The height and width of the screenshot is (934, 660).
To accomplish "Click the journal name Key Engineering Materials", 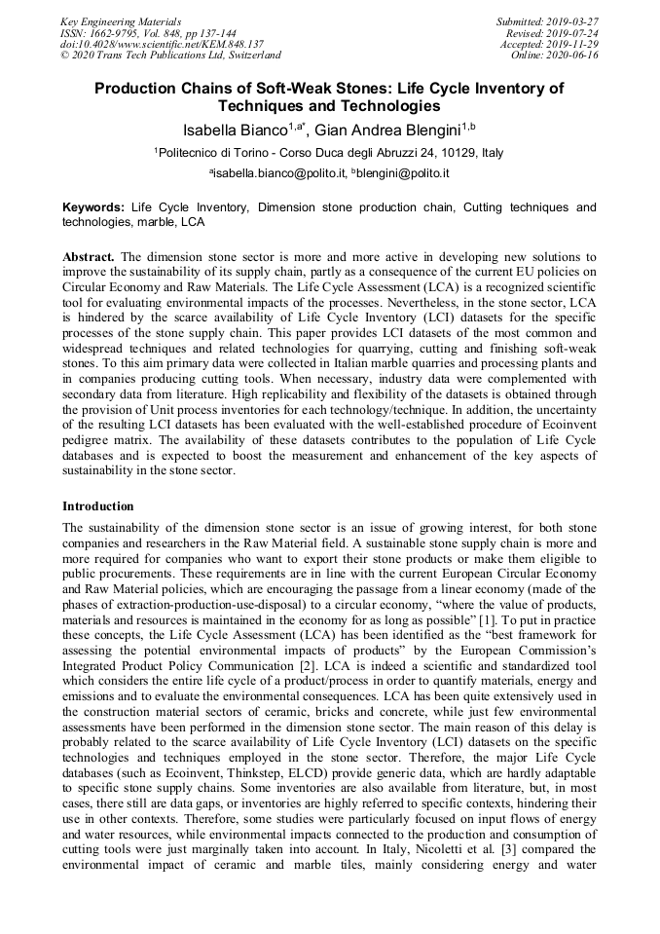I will (120, 20).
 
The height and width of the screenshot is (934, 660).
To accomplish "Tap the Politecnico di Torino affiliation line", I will (329, 153).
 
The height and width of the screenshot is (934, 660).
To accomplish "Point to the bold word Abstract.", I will (89, 255).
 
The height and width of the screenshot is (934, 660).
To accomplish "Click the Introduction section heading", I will (98, 506).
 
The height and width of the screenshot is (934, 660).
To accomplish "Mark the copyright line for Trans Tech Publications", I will (170, 56).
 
